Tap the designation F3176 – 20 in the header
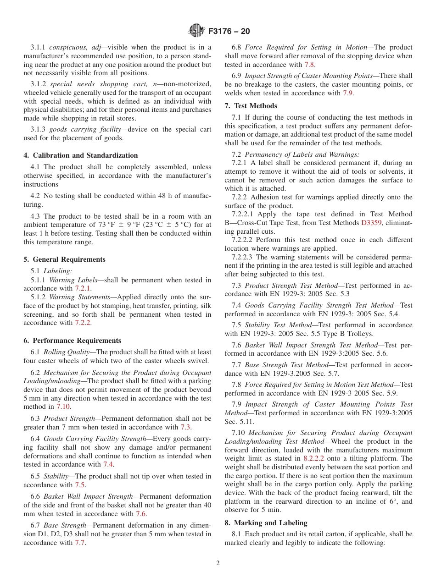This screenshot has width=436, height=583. [x=229, y=32]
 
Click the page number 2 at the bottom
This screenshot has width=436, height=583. [x=218, y=563]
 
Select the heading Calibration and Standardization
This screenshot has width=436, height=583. [x=81, y=155]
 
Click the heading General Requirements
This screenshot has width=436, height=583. [x=64, y=259]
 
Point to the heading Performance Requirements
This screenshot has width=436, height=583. [x=73, y=341]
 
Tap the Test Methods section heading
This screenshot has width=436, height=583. [x=246, y=105]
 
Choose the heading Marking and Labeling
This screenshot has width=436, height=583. [x=266, y=523]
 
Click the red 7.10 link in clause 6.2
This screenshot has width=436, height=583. [x=63, y=407]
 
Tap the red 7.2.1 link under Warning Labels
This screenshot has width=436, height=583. [x=83, y=288]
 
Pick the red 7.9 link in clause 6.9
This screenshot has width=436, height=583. [x=348, y=93]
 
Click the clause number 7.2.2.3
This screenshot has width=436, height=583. [x=244, y=257]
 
